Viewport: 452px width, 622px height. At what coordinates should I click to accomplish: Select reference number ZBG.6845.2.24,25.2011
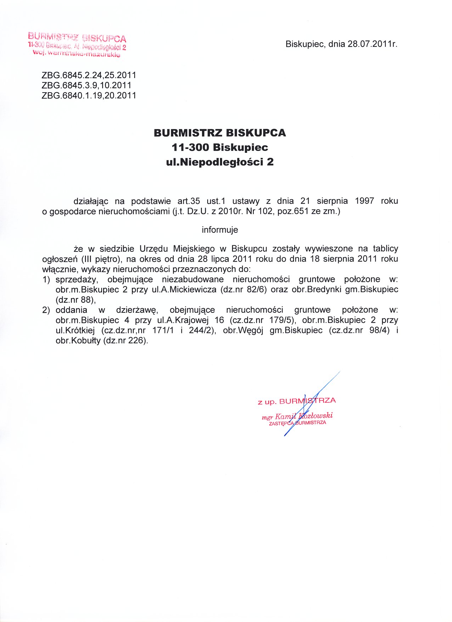[x=89, y=75]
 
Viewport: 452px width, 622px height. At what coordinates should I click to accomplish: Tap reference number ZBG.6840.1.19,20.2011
[x=89, y=95]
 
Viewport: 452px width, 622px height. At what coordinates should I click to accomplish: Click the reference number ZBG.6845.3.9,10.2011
[x=87, y=85]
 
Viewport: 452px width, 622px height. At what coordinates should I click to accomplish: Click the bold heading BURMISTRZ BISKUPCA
[x=220, y=133]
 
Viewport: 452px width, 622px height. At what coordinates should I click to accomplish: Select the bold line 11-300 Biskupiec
[x=220, y=148]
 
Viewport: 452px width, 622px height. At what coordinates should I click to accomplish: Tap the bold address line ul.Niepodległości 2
[x=220, y=162]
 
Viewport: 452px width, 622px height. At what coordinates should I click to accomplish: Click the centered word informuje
[x=220, y=230]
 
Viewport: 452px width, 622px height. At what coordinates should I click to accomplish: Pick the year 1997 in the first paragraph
[x=365, y=201]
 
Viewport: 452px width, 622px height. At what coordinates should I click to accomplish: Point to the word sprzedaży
[x=77, y=279]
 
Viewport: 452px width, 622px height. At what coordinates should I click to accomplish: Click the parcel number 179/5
[x=279, y=320]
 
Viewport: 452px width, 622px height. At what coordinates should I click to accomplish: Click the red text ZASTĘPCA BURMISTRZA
[x=298, y=423]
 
